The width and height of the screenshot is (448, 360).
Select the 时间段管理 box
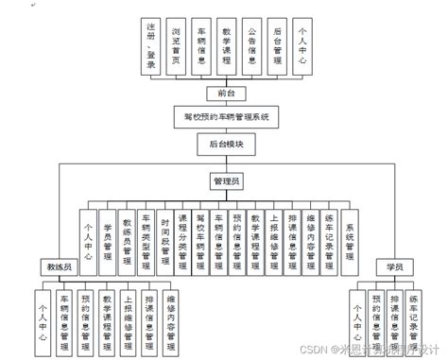164,236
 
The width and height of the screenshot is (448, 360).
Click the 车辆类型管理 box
146,236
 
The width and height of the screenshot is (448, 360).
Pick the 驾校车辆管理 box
200,236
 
